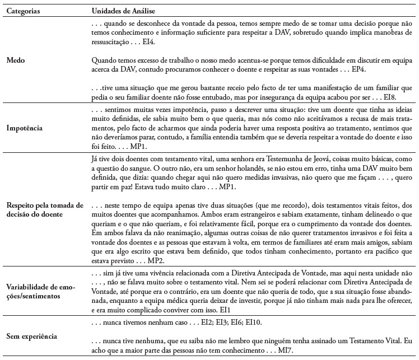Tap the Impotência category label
click(25, 127)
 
